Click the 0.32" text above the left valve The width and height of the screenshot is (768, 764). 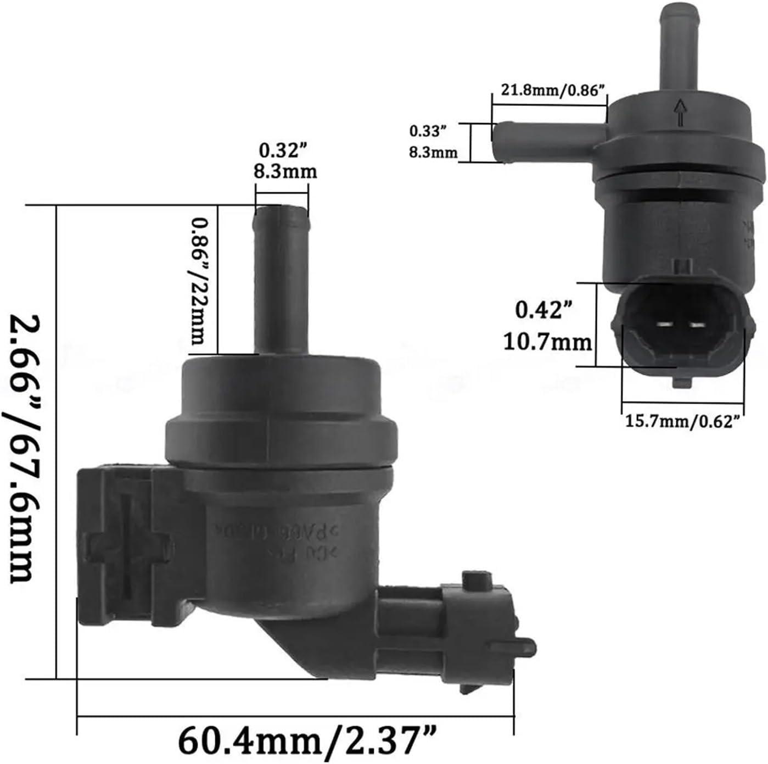point(282,150)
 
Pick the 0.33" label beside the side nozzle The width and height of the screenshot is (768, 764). point(425,132)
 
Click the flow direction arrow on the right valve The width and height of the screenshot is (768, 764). point(681,113)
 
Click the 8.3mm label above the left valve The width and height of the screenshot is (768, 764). point(285,171)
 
